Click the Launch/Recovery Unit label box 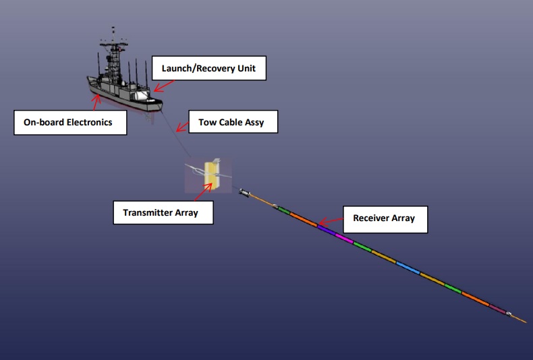click(208, 68)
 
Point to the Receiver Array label click(384, 218)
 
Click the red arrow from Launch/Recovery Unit click(164, 84)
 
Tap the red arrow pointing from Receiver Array click(330, 221)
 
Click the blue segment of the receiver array click(407, 268)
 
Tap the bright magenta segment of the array click(344, 239)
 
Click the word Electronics click(87, 122)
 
